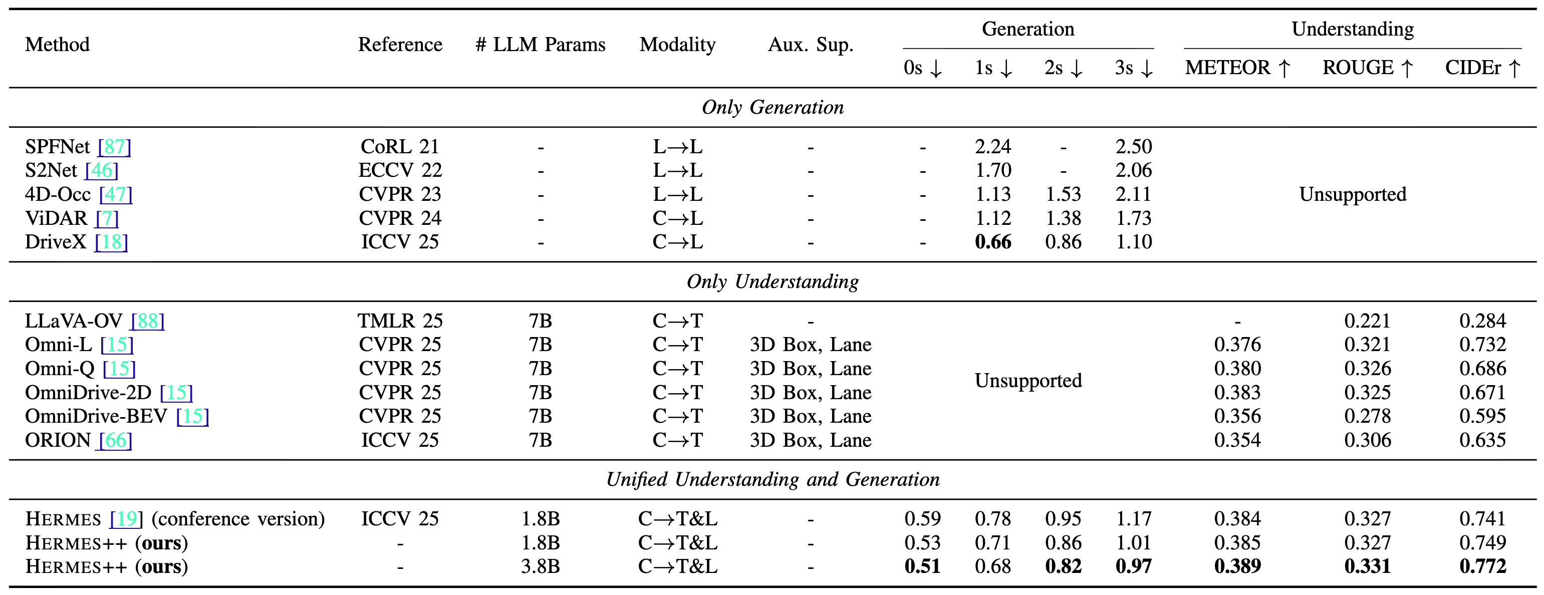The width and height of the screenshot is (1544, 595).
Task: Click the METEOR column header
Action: (1227, 68)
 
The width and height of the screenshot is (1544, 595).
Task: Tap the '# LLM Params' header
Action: (540, 45)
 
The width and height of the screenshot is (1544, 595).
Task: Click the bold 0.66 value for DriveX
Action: (992, 242)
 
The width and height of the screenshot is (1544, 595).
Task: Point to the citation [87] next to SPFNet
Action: (115, 147)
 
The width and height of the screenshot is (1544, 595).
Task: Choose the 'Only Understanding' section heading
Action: (772, 281)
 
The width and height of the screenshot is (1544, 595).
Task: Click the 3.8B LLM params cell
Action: (540, 566)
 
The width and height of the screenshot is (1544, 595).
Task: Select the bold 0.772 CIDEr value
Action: (1482, 566)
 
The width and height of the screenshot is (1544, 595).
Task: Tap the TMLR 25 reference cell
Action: (400, 321)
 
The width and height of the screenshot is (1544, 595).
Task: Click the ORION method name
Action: (58, 440)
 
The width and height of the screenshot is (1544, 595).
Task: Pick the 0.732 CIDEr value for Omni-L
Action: (1482, 345)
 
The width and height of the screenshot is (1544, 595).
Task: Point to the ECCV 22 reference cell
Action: (400, 171)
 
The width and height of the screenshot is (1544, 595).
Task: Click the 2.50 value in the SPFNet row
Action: (1133, 147)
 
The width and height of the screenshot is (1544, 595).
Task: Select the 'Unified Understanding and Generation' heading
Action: (772, 479)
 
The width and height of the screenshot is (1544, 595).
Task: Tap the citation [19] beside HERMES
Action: (126, 519)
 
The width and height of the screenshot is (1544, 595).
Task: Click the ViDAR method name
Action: (56, 218)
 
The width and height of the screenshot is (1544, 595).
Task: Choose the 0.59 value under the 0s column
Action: (922, 519)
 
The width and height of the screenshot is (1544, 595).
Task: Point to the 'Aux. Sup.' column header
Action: (811, 45)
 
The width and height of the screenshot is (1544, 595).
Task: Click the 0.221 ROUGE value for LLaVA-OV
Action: (1367, 321)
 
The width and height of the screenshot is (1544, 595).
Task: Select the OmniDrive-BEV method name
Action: (96, 416)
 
